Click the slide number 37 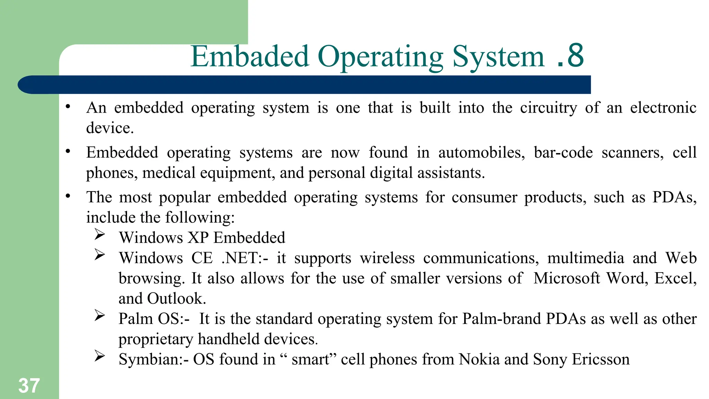[29, 385]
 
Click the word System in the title [499, 57]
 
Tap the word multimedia [585, 258]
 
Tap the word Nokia [479, 360]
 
